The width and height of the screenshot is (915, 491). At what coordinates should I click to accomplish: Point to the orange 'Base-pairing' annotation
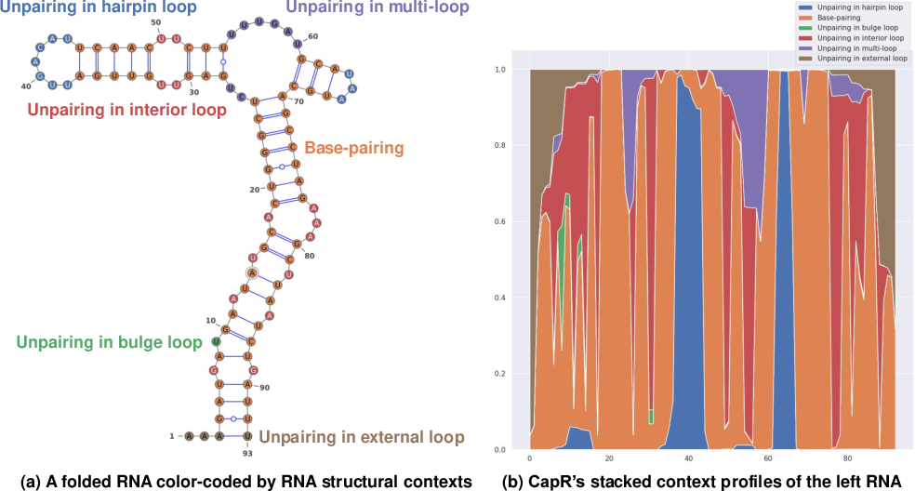pos(352,148)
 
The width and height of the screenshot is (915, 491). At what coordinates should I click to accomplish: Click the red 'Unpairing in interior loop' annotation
pos(127,111)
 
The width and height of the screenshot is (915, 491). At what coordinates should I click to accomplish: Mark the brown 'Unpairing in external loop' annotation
pos(361,437)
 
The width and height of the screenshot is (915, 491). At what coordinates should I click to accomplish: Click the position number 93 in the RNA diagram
pos(246,453)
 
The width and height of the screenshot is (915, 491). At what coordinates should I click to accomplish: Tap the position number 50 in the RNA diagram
pos(154,21)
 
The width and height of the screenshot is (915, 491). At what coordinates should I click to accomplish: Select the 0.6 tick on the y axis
pos(502,221)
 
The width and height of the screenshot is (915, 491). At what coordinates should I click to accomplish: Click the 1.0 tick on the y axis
pos(502,70)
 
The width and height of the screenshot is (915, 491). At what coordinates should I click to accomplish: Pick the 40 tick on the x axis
pos(688,458)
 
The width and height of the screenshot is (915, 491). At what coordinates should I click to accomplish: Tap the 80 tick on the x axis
pos(847,458)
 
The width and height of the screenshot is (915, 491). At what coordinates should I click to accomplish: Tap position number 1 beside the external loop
pos(171,435)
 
